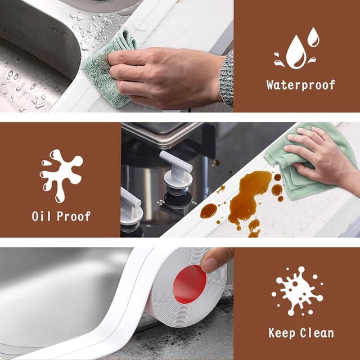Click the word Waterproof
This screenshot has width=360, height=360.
(x=300, y=85)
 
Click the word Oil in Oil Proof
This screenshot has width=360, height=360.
(x=42, y=216)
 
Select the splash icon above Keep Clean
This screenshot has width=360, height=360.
(x=297, y=291)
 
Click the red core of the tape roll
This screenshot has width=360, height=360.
(x=190, y=283)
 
